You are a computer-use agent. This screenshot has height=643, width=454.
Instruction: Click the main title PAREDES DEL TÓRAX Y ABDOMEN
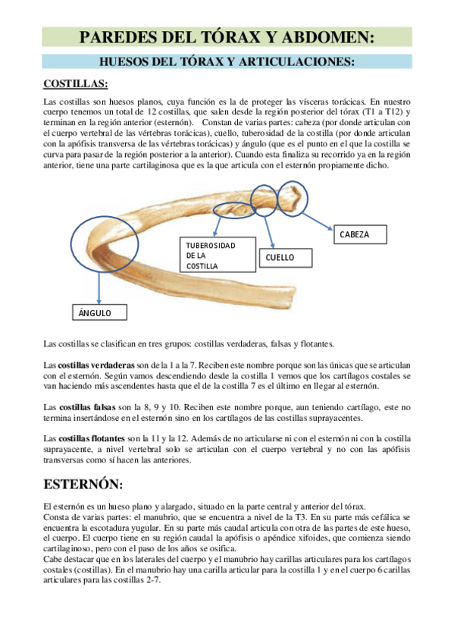point(227,36)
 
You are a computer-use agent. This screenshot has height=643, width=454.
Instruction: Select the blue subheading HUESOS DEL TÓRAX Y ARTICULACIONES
point(227,61)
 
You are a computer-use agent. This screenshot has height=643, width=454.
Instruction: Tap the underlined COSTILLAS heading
point(75,83)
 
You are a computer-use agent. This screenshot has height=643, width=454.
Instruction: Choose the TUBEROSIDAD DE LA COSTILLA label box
point(211,256)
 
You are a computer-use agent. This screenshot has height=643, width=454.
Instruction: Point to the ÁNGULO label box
point(100,312)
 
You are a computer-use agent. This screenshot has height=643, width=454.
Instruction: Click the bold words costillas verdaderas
point(96,365)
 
